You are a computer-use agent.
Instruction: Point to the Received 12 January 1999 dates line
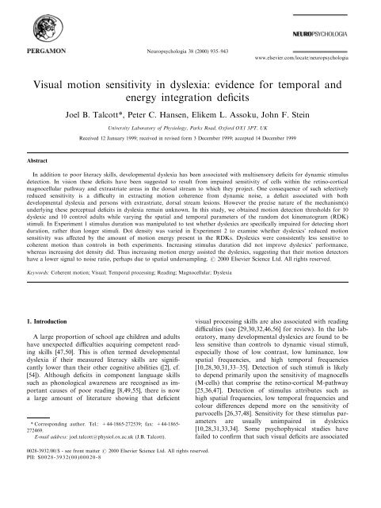point(190,141)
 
